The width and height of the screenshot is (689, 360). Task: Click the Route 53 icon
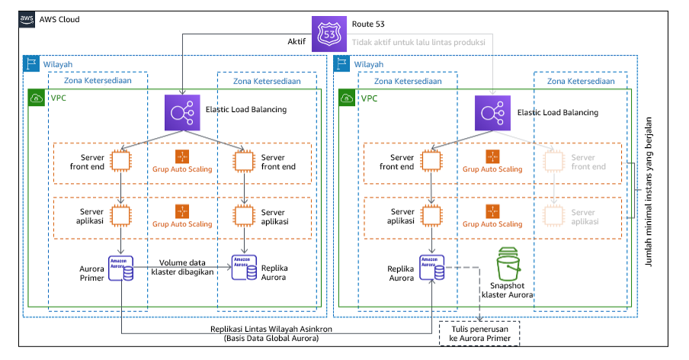(330, 34)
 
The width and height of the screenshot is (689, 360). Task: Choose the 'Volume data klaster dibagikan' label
(183, 266)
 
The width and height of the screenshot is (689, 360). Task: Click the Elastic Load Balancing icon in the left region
(182, 111)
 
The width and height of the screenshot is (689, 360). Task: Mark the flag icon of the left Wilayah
(32, 65)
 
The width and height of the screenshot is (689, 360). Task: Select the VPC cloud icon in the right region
(347, 98)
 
